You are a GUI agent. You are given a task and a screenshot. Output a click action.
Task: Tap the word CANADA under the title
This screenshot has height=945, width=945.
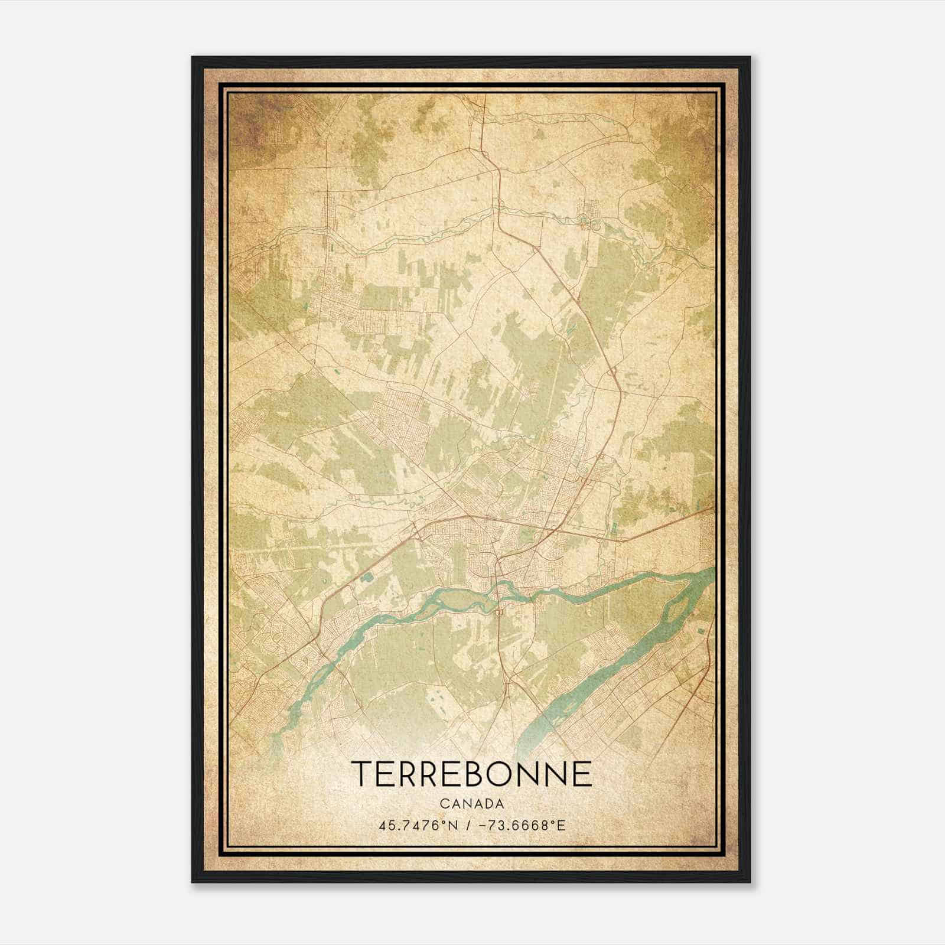(472, 804)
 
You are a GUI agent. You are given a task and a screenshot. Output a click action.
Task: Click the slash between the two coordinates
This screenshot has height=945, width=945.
(468, 825)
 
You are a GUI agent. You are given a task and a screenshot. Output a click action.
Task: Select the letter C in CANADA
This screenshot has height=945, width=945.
(444, 804)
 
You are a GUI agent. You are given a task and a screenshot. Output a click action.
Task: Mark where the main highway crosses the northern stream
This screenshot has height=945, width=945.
(497, 208)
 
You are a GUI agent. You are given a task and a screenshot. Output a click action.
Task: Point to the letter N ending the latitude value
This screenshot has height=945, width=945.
(454, 825)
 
